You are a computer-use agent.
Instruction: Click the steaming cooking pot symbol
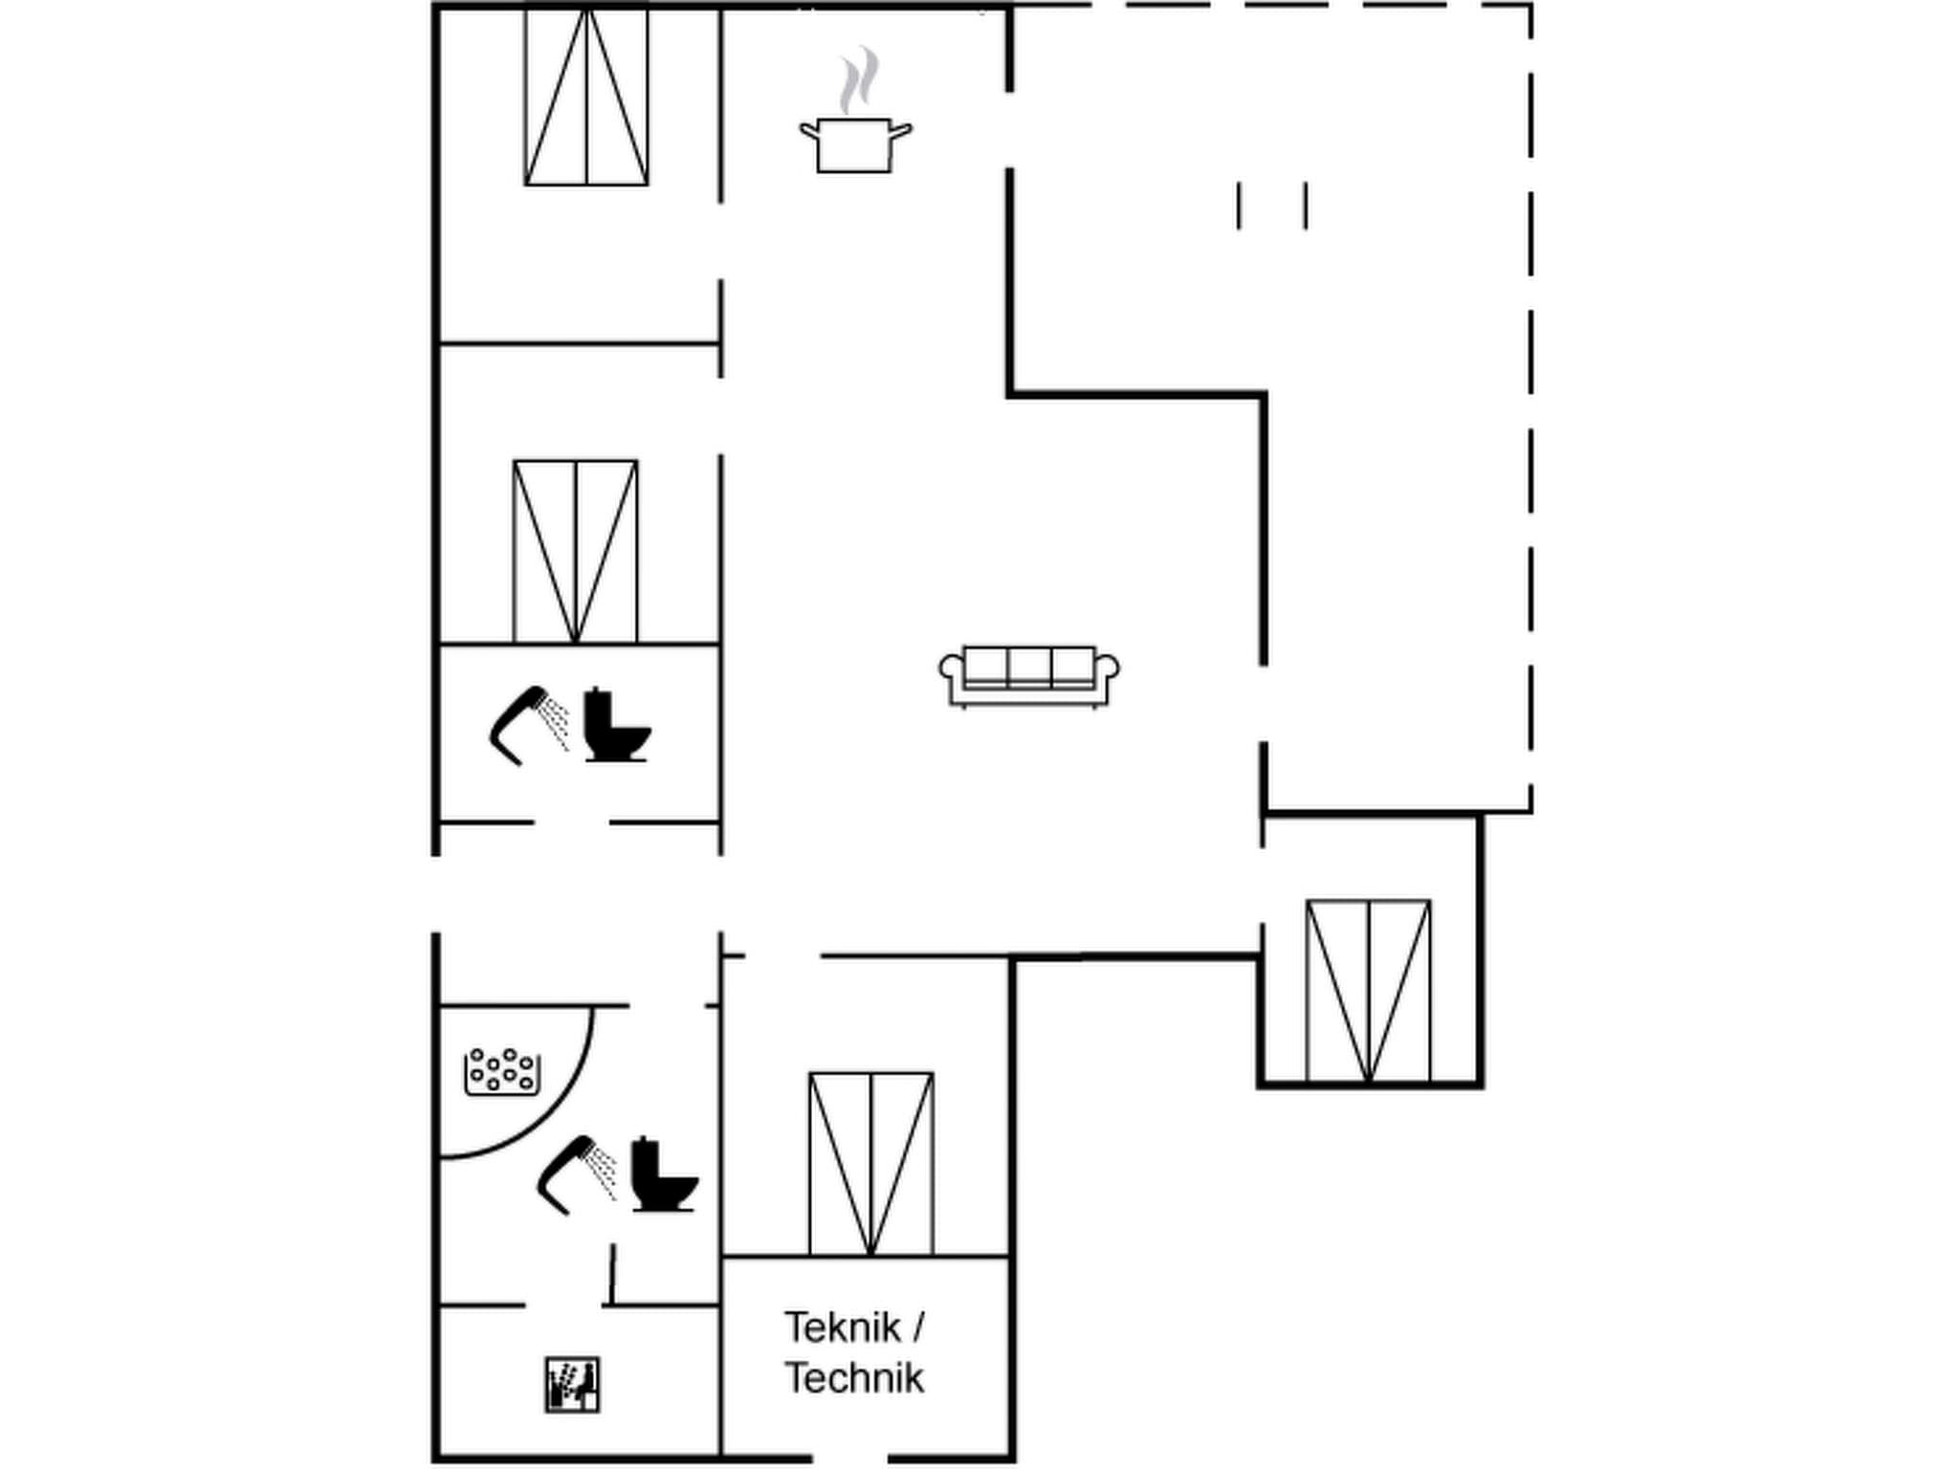click(x=855, y=145)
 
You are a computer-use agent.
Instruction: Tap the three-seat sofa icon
click(x=1028, y=675)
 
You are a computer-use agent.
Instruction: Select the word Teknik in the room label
click(x=842, y=1327)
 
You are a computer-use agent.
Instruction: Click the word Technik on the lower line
click(x=854, y=1378)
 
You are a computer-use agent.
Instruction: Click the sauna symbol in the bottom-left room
click(x=572, y=1384)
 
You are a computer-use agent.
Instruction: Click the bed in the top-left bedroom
click(x=586, y=97)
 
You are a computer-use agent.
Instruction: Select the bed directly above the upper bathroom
click(x=575, y=552)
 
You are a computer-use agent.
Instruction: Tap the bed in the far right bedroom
click(x=1368, y=991)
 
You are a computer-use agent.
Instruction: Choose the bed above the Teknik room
click(x=870, y=1164)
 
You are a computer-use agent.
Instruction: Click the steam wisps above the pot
click(x=858, y=79)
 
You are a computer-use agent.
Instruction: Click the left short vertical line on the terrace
click(x=1239, y=206)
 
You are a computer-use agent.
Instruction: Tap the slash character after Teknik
click(x=918, y=1327)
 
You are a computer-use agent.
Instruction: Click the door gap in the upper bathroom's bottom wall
click(x=571, y=822)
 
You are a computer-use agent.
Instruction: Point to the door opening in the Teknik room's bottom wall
click(x=849, y=1458)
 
